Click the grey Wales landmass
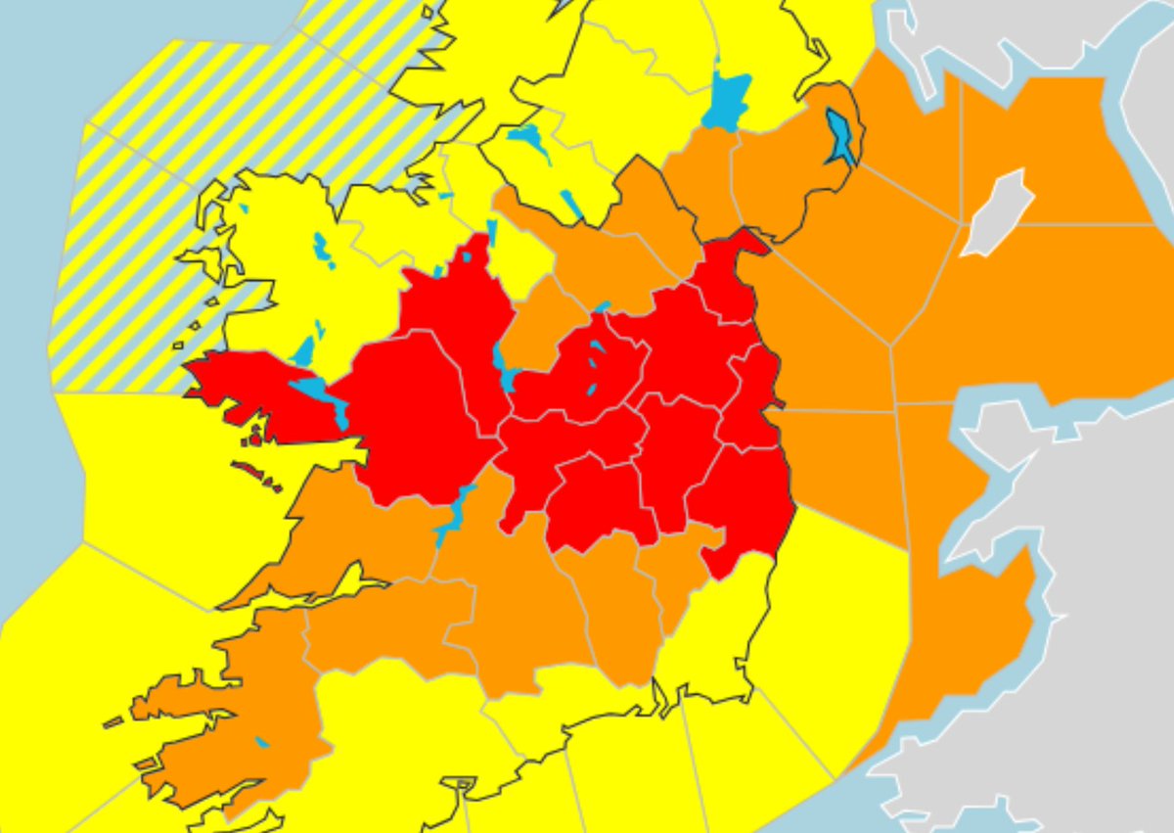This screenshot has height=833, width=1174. pos(1076,587)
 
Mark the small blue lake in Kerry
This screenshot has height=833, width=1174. pos(261,742)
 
